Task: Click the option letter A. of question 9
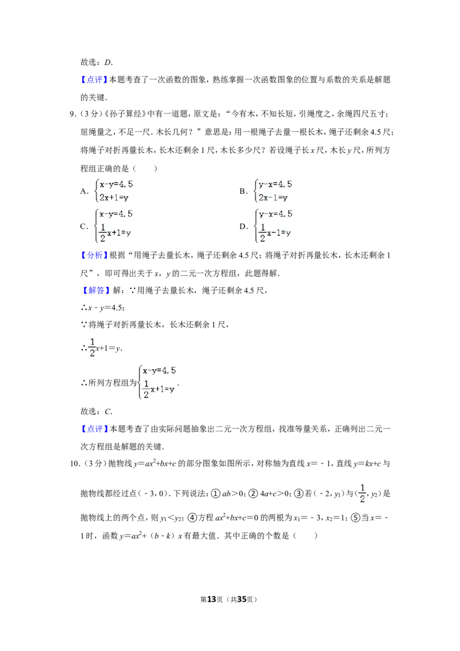85,191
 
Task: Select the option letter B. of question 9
243,191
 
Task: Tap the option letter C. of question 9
85,226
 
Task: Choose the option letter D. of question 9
243,226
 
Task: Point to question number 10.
75,464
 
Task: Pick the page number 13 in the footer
212,599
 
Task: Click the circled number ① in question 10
216,493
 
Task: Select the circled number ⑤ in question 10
355,518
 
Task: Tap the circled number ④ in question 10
192,518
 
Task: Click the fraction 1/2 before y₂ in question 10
362,493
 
